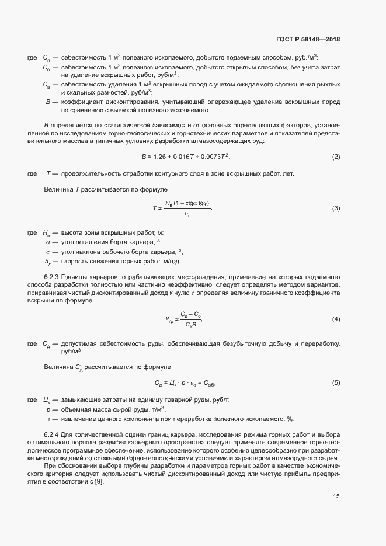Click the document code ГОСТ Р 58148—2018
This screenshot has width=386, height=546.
(x=307, y=40)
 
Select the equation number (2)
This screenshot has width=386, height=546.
(x=336, y=157)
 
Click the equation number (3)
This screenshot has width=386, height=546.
(x=336, y=208)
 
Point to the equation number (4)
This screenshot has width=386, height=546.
(x=336, y=319)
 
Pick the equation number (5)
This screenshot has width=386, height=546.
(x=336, y=383)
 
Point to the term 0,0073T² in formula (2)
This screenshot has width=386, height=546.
(x=216, y=157)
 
